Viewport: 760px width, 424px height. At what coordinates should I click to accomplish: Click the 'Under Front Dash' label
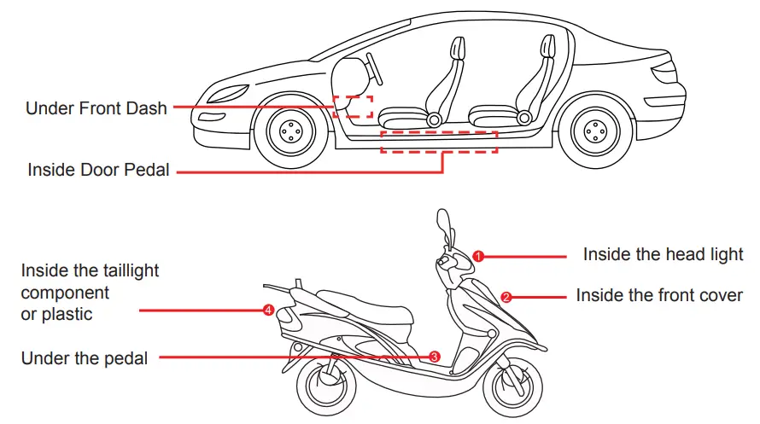[x=96, y=108]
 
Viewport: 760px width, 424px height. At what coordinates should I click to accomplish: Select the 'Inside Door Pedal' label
[x=98, y=170]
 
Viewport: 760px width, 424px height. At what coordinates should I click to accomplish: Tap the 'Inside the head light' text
[x=663, y=254]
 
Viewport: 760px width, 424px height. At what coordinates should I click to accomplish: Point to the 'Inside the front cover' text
[x=659, y=296]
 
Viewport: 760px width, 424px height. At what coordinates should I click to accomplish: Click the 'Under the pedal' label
[x=84, y=358]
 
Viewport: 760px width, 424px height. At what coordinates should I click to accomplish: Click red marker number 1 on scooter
[x=478, y=255]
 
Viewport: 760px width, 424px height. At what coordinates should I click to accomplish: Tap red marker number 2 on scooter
[x=506, y=297]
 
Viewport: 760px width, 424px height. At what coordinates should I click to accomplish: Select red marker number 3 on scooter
[x=434, y=357]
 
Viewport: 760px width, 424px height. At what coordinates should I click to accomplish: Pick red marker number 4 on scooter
[x=269, y=311]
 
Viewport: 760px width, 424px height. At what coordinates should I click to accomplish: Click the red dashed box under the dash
[x=353, y=107]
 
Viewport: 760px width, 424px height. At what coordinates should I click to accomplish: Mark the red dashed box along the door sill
[x=438, y=142]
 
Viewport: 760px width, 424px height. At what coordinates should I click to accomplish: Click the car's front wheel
[x=290, y=132]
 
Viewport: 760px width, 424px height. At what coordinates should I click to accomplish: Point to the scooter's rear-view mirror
[x=443, y=225]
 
